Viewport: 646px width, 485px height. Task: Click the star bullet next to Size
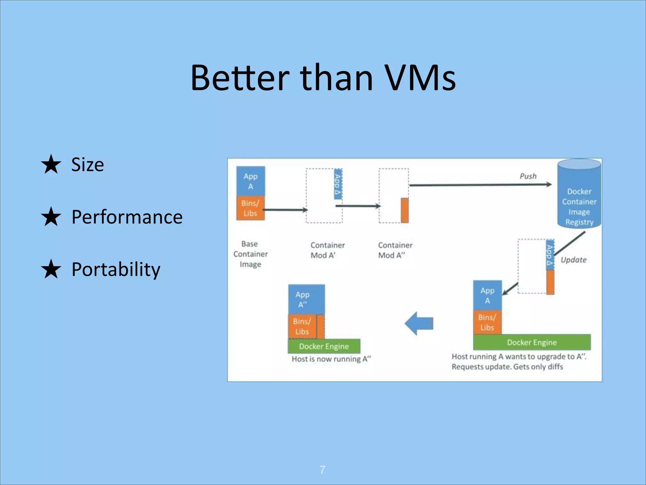coord(51,164)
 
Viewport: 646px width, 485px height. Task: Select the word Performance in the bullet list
coord(127,217)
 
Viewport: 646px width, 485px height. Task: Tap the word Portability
coord(116,269)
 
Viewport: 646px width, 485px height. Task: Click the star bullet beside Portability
coord(51,269)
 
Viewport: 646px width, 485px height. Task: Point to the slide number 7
coord(322,470)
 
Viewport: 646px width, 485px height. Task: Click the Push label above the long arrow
coord(528,176)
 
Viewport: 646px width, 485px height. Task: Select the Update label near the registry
coord(573,260)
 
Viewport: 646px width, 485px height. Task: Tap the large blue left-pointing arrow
coord(419,323)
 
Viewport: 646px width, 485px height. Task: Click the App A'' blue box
coord(306,299)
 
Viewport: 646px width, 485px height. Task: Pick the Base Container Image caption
coord(250,254)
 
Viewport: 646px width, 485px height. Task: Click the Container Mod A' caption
coord(327,250)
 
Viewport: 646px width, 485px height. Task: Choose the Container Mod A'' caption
coord(395,250)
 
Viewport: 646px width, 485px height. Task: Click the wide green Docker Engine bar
coord(532,342)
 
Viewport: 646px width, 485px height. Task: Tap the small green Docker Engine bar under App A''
coord(324,346)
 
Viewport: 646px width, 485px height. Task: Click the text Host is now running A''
coord(331,359)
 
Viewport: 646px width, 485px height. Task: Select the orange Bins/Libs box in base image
coord(250,208)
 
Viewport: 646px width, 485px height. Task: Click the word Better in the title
coord(240,78)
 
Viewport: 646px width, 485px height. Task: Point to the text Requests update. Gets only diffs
coord(507,367)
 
